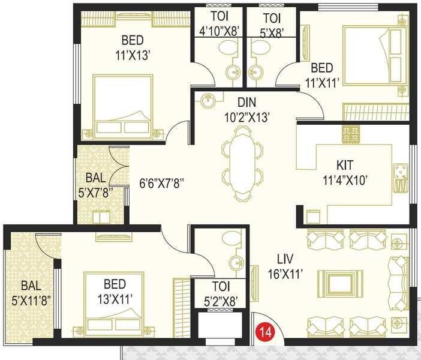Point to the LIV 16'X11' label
pos(285,266)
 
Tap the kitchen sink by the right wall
pos(400,178)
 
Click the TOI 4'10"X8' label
pos(217,23)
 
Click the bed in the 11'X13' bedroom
pos(126,105)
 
